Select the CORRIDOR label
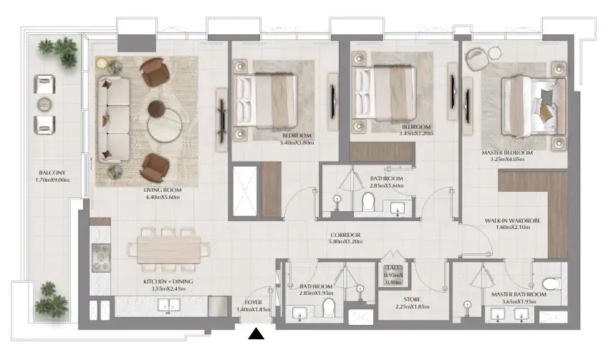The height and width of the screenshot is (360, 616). (345, 235)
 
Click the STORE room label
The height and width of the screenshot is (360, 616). (411, 298)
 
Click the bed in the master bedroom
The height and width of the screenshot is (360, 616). (534, 102)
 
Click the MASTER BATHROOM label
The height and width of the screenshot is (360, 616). (519, 295)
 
